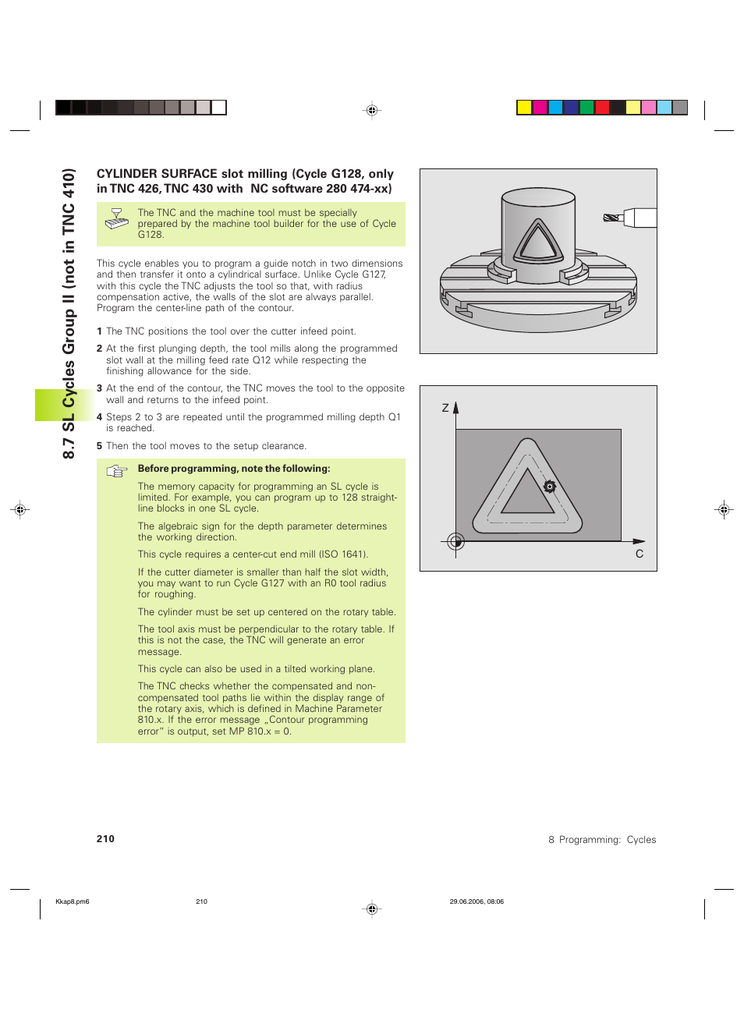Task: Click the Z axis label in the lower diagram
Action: [x=445, y=408]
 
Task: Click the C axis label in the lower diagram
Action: [x=639, y=554]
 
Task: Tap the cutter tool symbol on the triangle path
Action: [x=550, y=487]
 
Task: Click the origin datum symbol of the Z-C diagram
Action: [x=456, y=541]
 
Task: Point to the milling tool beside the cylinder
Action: [x=630, y=218]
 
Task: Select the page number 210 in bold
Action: [x=105, y=839]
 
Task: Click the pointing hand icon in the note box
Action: [x=117, y=471]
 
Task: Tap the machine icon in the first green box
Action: [x=117, y=219]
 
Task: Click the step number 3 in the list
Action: [x=99, y=388]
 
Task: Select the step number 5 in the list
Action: [x=99, y=446]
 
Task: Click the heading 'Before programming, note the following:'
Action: [x=234, y=469]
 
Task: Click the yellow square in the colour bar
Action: [x=524, y=108]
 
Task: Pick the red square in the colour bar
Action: [x=602, y=108]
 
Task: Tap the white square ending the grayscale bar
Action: [x=219, y=108]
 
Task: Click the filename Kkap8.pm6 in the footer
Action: [x=73, y=901]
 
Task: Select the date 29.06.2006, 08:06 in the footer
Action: [x=477, y=901]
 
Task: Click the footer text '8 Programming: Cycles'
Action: [x=602, y=840]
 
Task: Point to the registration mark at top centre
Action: [x=372, y=111]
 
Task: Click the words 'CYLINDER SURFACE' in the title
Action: [x=157, y=174]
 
